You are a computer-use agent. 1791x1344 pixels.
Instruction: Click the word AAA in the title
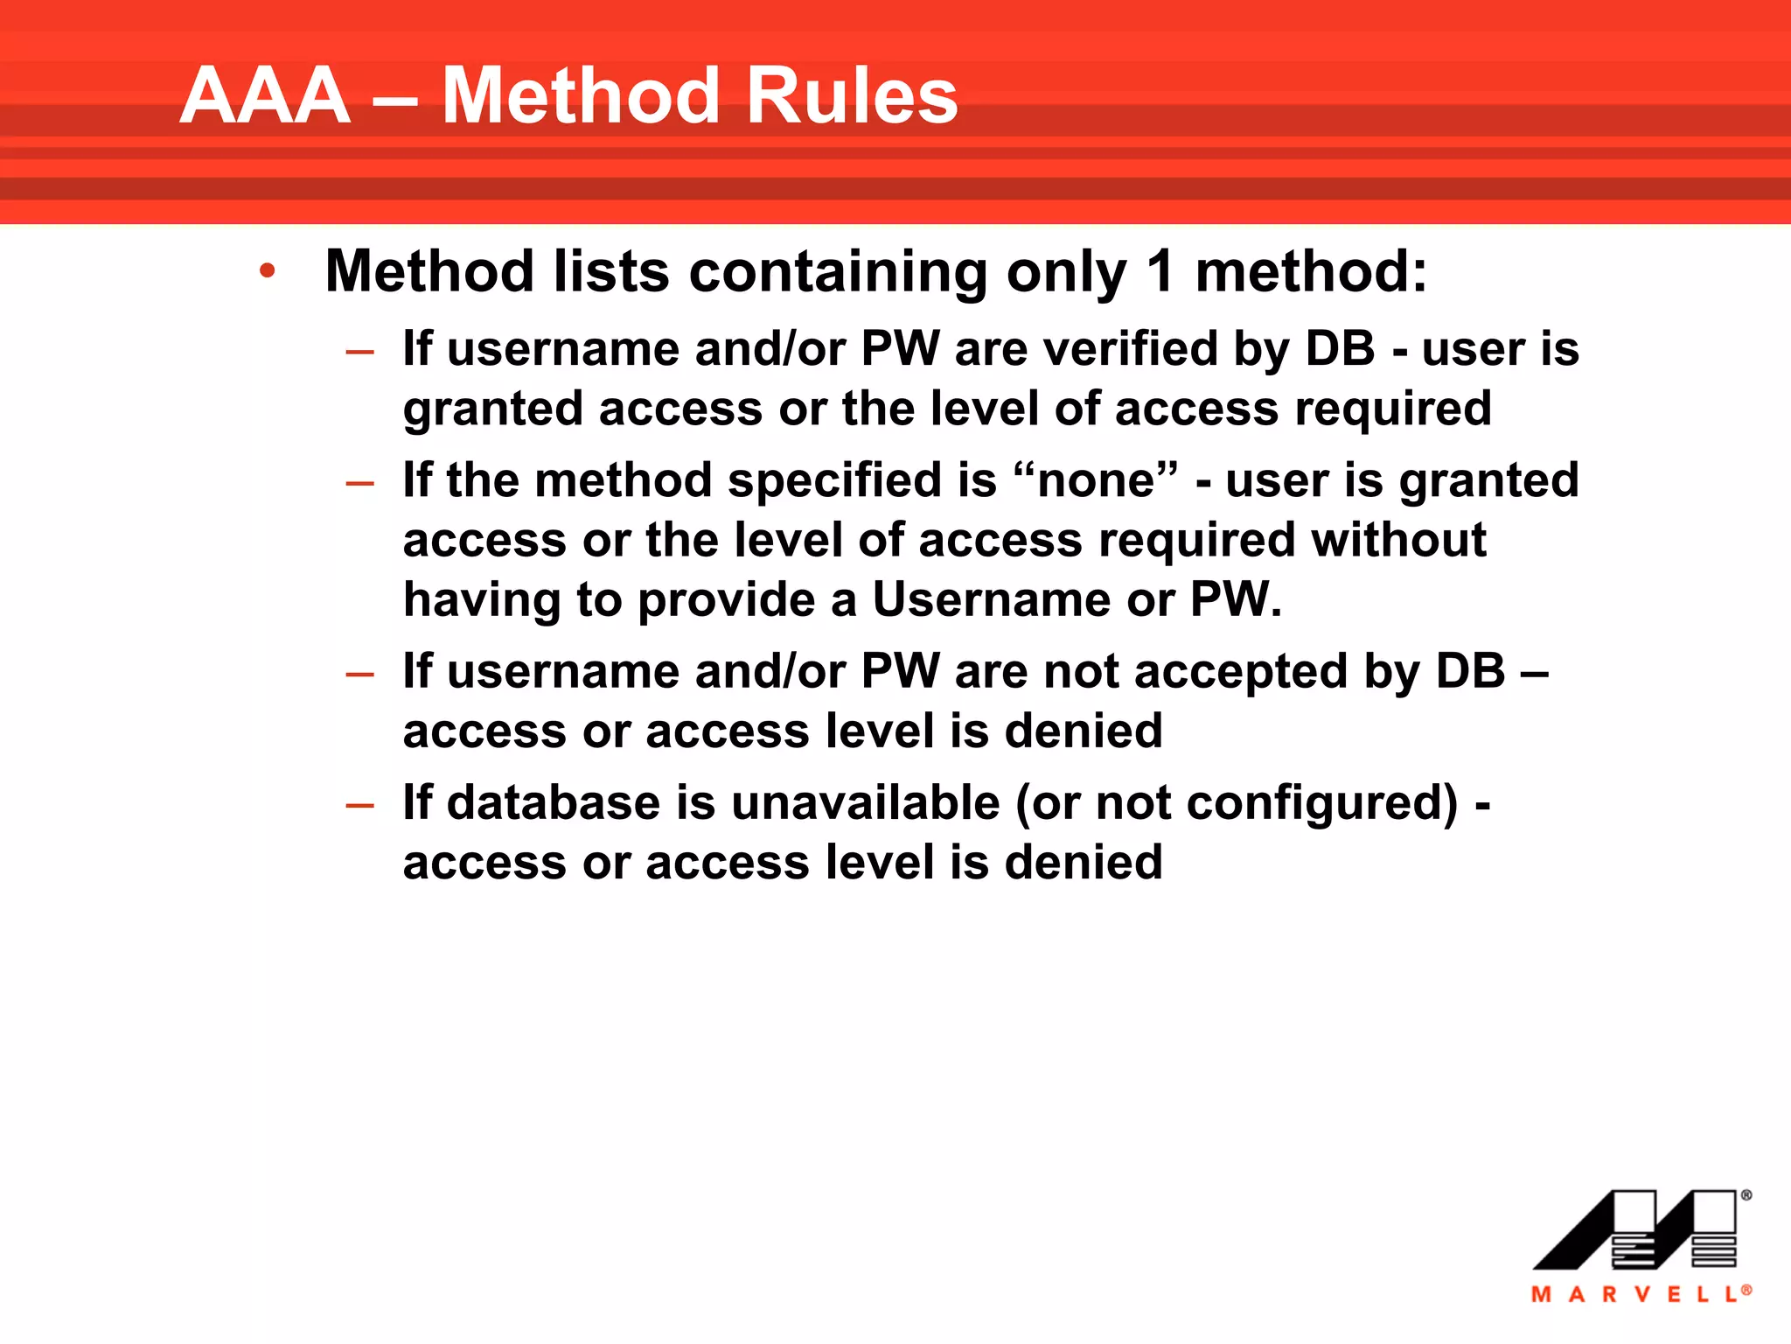(x=265, y=96)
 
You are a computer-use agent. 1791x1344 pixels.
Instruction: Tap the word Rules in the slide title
(x=852, y=96)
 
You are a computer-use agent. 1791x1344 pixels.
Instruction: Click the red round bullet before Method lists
(x=268, y=270)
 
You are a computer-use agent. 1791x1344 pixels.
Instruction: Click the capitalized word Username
(x=992, y=600)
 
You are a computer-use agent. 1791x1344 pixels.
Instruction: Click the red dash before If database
(x=359, y=805)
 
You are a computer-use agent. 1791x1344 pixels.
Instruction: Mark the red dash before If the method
(x=359, y=483)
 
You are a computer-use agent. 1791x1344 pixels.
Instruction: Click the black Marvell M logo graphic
(x=1634, y=1229)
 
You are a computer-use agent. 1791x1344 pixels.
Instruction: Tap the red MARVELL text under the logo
(x=1638, y=1294)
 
